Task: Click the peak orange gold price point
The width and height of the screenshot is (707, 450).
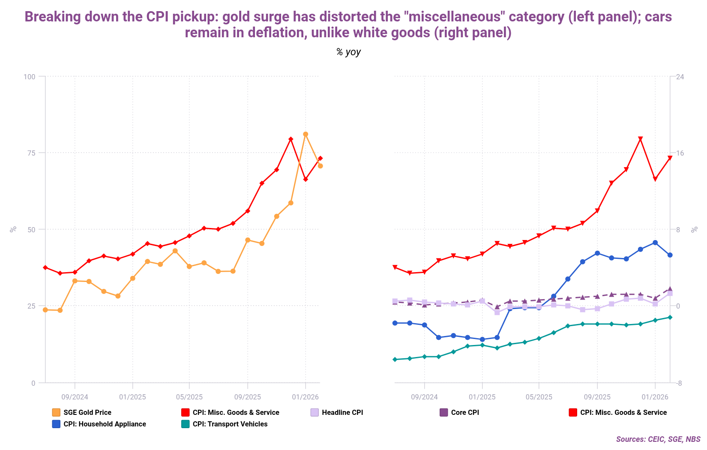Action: (306, 134)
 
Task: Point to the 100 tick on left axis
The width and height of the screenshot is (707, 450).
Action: (30, 77)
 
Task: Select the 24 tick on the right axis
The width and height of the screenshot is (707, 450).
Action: (680, 77)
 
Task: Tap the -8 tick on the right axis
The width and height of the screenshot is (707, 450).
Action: (679, 383)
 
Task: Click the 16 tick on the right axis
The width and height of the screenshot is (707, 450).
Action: (680, 153)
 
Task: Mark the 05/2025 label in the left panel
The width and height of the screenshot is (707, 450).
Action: (189, 397)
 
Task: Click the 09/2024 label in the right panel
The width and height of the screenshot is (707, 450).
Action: (424, 397)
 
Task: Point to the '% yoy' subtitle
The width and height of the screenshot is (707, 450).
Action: (348, 52)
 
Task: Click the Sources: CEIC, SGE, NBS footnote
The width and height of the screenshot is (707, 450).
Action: (658, 439)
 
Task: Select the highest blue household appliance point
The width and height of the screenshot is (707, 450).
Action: (655, 243)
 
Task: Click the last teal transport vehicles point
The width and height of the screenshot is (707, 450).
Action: (670, 317)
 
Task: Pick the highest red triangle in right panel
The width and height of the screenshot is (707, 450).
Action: (641, 139)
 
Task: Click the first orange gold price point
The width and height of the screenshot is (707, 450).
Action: (45, 310)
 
